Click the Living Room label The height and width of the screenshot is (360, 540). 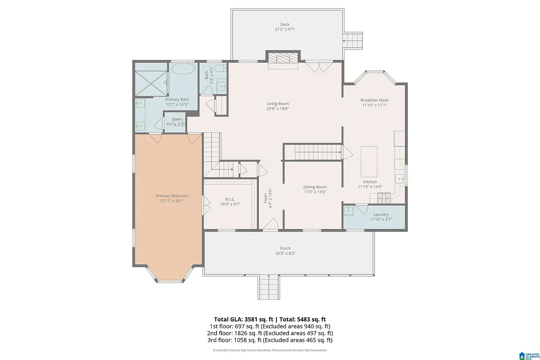(278, 104)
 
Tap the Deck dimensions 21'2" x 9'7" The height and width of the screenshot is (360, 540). (285, 29)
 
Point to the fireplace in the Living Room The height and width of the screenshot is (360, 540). (283, 59)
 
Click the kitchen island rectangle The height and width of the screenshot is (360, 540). (369, 162)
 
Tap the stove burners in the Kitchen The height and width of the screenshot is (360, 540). (384, 198)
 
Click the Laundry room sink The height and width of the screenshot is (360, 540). (349, 211)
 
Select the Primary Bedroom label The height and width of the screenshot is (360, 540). (172, 196)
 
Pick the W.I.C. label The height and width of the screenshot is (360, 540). (230, 199)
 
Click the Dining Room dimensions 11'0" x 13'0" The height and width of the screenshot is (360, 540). (315, 192)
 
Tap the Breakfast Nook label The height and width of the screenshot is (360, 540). (374, 100)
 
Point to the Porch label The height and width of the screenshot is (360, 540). (285, 248)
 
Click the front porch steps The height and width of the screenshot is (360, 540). (268, 287)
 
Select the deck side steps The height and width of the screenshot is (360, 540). (353, 41)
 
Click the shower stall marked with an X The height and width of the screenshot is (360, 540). (151, 84)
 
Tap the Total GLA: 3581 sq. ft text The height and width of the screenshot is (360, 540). (243, 319)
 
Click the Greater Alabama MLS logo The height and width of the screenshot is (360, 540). (529, 356)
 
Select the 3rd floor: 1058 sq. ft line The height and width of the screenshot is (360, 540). (270, 340)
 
